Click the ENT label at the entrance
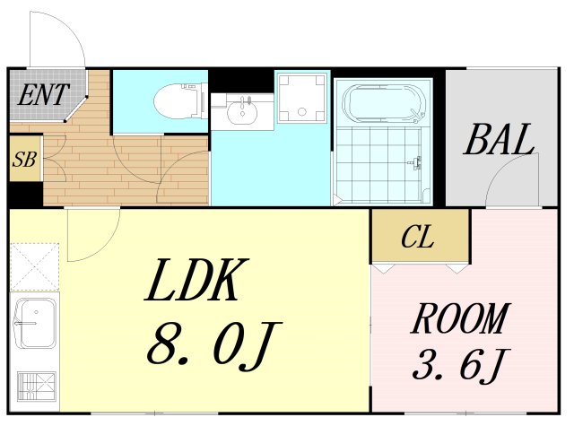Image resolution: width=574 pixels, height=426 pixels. pyautogui.click(x=43, y=95)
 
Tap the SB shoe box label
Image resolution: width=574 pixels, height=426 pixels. pyautogui.click(x=24, y=159)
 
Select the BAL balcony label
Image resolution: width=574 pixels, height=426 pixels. pyautogui.click(x=499, y=139)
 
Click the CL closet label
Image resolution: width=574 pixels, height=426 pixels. pyautogui.click(x=417, y=237)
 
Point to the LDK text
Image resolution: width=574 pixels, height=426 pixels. pyautogui.click(x=196, y=280)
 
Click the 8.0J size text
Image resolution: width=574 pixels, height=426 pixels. pyautogui.click(x=214, y=346)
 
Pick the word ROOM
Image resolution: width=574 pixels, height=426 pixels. pyautogui.click(x=460, y=317)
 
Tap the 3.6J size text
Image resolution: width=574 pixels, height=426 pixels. pyautogui.click(x=461, y=364)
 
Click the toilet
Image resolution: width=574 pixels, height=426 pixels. pyautogui.click(x=180, y=100)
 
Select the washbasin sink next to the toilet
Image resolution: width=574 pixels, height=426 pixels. pyautogui.click(x=242, y=111)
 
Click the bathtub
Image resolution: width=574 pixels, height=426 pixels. pyautogui.click(x=384, y=104)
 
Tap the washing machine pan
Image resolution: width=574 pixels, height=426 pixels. pyautogui.click(x=301, y=98)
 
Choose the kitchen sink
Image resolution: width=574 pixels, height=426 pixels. pyautogui.click(x=36, y=323)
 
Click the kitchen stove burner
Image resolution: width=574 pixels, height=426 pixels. pyautogui.click(x=37, y=387)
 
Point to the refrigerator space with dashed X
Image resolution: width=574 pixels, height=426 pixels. pyautogui.click(x=35, y=266)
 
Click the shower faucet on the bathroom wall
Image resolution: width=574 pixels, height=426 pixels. pyautogui.click(x=415, y=162)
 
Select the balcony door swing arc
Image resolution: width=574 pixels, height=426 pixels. pyautogui.click(x=502, y=168)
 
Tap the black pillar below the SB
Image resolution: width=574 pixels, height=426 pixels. pyautogui.click(x=26, y=194)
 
